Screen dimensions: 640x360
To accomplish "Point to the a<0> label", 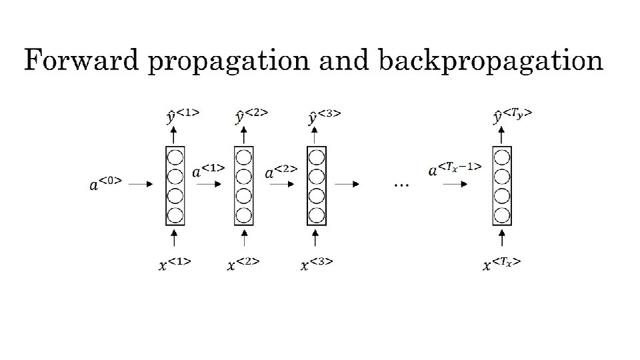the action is click(105, 181).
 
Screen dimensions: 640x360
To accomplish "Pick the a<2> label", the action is click(281, 172).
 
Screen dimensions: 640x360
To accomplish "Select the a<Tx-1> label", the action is click(455, 170).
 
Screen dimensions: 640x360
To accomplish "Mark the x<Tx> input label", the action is click(501, 264).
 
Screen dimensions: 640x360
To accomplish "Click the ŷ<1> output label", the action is click(181, 115).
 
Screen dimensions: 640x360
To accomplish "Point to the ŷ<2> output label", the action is click(251, 115).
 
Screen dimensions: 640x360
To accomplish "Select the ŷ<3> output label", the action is click(323, 115).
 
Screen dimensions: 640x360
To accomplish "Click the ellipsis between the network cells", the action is click(401, 185).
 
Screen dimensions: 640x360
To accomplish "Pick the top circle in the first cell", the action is click(175, 159).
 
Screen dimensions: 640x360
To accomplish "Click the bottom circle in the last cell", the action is click(501, 215).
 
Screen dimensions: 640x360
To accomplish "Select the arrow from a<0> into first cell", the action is click(141, 185).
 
